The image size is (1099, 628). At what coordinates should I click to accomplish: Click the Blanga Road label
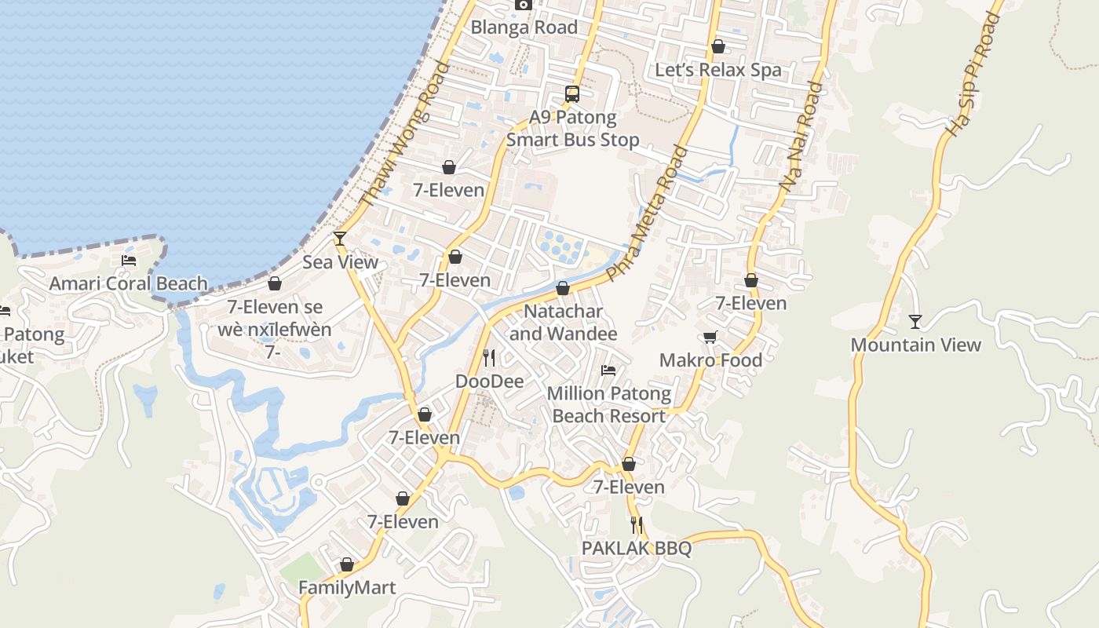[524, 27]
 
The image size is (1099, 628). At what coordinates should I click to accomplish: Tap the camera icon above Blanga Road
[524, 5]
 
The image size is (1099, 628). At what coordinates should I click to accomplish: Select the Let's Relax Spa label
[718, 70]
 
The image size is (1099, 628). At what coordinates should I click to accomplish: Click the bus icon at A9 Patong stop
[572, 94]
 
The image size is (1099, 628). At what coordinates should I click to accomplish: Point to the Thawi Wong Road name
[405, 135]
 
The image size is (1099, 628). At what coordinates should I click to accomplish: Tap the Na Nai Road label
[801, 137]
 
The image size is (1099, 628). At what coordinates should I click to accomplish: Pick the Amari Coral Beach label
[129, 283]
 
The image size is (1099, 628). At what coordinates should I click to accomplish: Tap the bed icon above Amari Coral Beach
[129, 261]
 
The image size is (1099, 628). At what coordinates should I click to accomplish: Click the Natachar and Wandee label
[563, 323]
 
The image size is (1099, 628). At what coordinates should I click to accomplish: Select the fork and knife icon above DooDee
[489, 358]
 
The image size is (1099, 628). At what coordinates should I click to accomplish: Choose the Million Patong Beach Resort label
[609, 405]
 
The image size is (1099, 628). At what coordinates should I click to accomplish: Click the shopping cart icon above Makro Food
[710, 338]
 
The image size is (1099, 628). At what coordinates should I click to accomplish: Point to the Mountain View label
[915, 345]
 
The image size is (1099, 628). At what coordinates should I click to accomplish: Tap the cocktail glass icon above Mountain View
[915, 322]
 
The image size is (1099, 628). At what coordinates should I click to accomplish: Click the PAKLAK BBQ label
[637, 548]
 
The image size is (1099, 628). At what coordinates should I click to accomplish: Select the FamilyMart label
[347, 587]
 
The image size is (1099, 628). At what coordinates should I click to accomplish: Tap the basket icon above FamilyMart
[347, 564]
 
